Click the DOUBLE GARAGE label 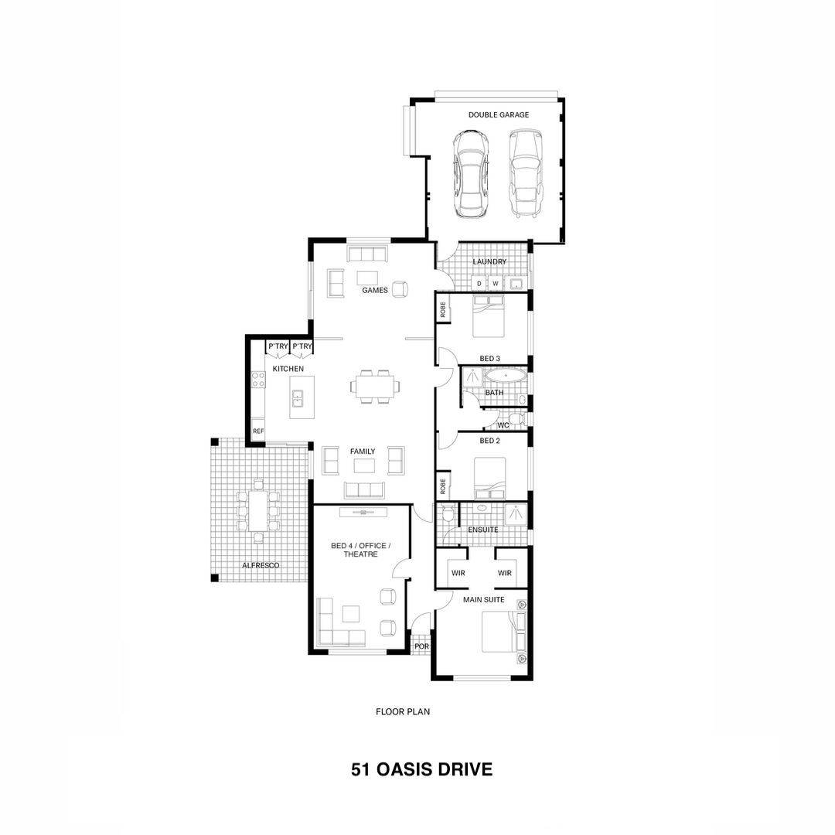pos(499,114)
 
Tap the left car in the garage pos(471,174)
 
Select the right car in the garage pos(526,174)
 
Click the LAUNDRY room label pos(489,261)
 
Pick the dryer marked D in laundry pos(479,283)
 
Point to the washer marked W pos(496,283)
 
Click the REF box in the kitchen pos(258,431)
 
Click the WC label pos(503,425)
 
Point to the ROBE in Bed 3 pos(442,309)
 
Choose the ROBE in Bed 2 pos(442,486)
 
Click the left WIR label pos(458,573)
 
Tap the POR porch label pos(421,646)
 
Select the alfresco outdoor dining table pos(258,510)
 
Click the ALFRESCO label pos(261,565)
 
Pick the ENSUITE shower pos(516,513)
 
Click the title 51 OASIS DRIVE pos(421,769)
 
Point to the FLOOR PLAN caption pos(403,711)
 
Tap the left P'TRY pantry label pos(278,346)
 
